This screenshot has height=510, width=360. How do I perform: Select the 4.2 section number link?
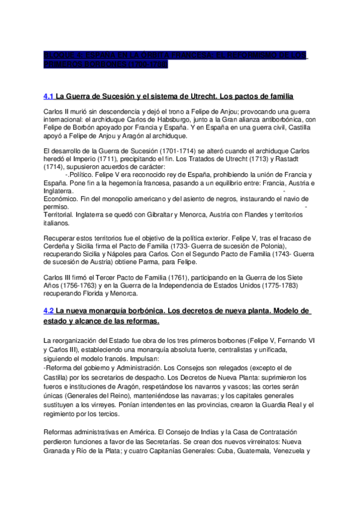(x=49, y=311)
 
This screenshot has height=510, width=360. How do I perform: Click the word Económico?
(x=63, y=198)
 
